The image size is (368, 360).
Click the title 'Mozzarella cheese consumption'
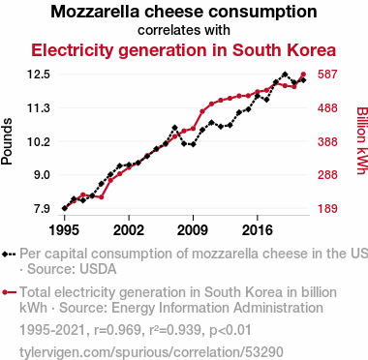[184, 12]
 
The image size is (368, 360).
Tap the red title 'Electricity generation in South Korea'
[184, 50]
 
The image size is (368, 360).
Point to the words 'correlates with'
[184, 30]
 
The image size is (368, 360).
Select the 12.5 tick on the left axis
[39, 75]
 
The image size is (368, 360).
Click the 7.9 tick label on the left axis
[41, 208]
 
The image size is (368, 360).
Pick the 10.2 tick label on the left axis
[39, 141]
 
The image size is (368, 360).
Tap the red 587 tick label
[327, 75]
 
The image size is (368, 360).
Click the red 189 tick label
[327, 208]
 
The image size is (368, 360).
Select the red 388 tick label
[327, 141]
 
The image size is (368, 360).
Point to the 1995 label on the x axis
[65, 230]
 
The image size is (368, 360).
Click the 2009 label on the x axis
[193, 230]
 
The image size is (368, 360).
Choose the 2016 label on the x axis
[258, 230]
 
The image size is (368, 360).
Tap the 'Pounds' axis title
[7, 141]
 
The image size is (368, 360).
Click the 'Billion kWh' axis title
[362, 140]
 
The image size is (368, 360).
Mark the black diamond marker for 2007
[174, 128]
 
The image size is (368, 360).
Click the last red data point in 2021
[303, 75]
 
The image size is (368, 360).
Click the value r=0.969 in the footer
[117, 330]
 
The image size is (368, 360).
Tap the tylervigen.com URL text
[151, 352]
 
